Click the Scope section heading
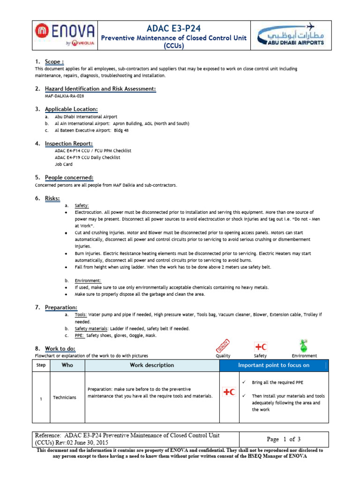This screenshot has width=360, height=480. (x=54, y=62)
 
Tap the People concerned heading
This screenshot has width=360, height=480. (x=69, y=178)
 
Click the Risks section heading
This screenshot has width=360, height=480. (x=52, y=198)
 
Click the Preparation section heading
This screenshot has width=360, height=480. (x=61, y=307)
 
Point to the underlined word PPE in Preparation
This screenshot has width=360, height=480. (x=80, y=335)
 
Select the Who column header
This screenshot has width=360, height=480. (x=67, y=365)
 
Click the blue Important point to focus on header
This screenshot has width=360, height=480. (x=274, y=365)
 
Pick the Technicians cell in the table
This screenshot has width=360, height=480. (x=65, y=397)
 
